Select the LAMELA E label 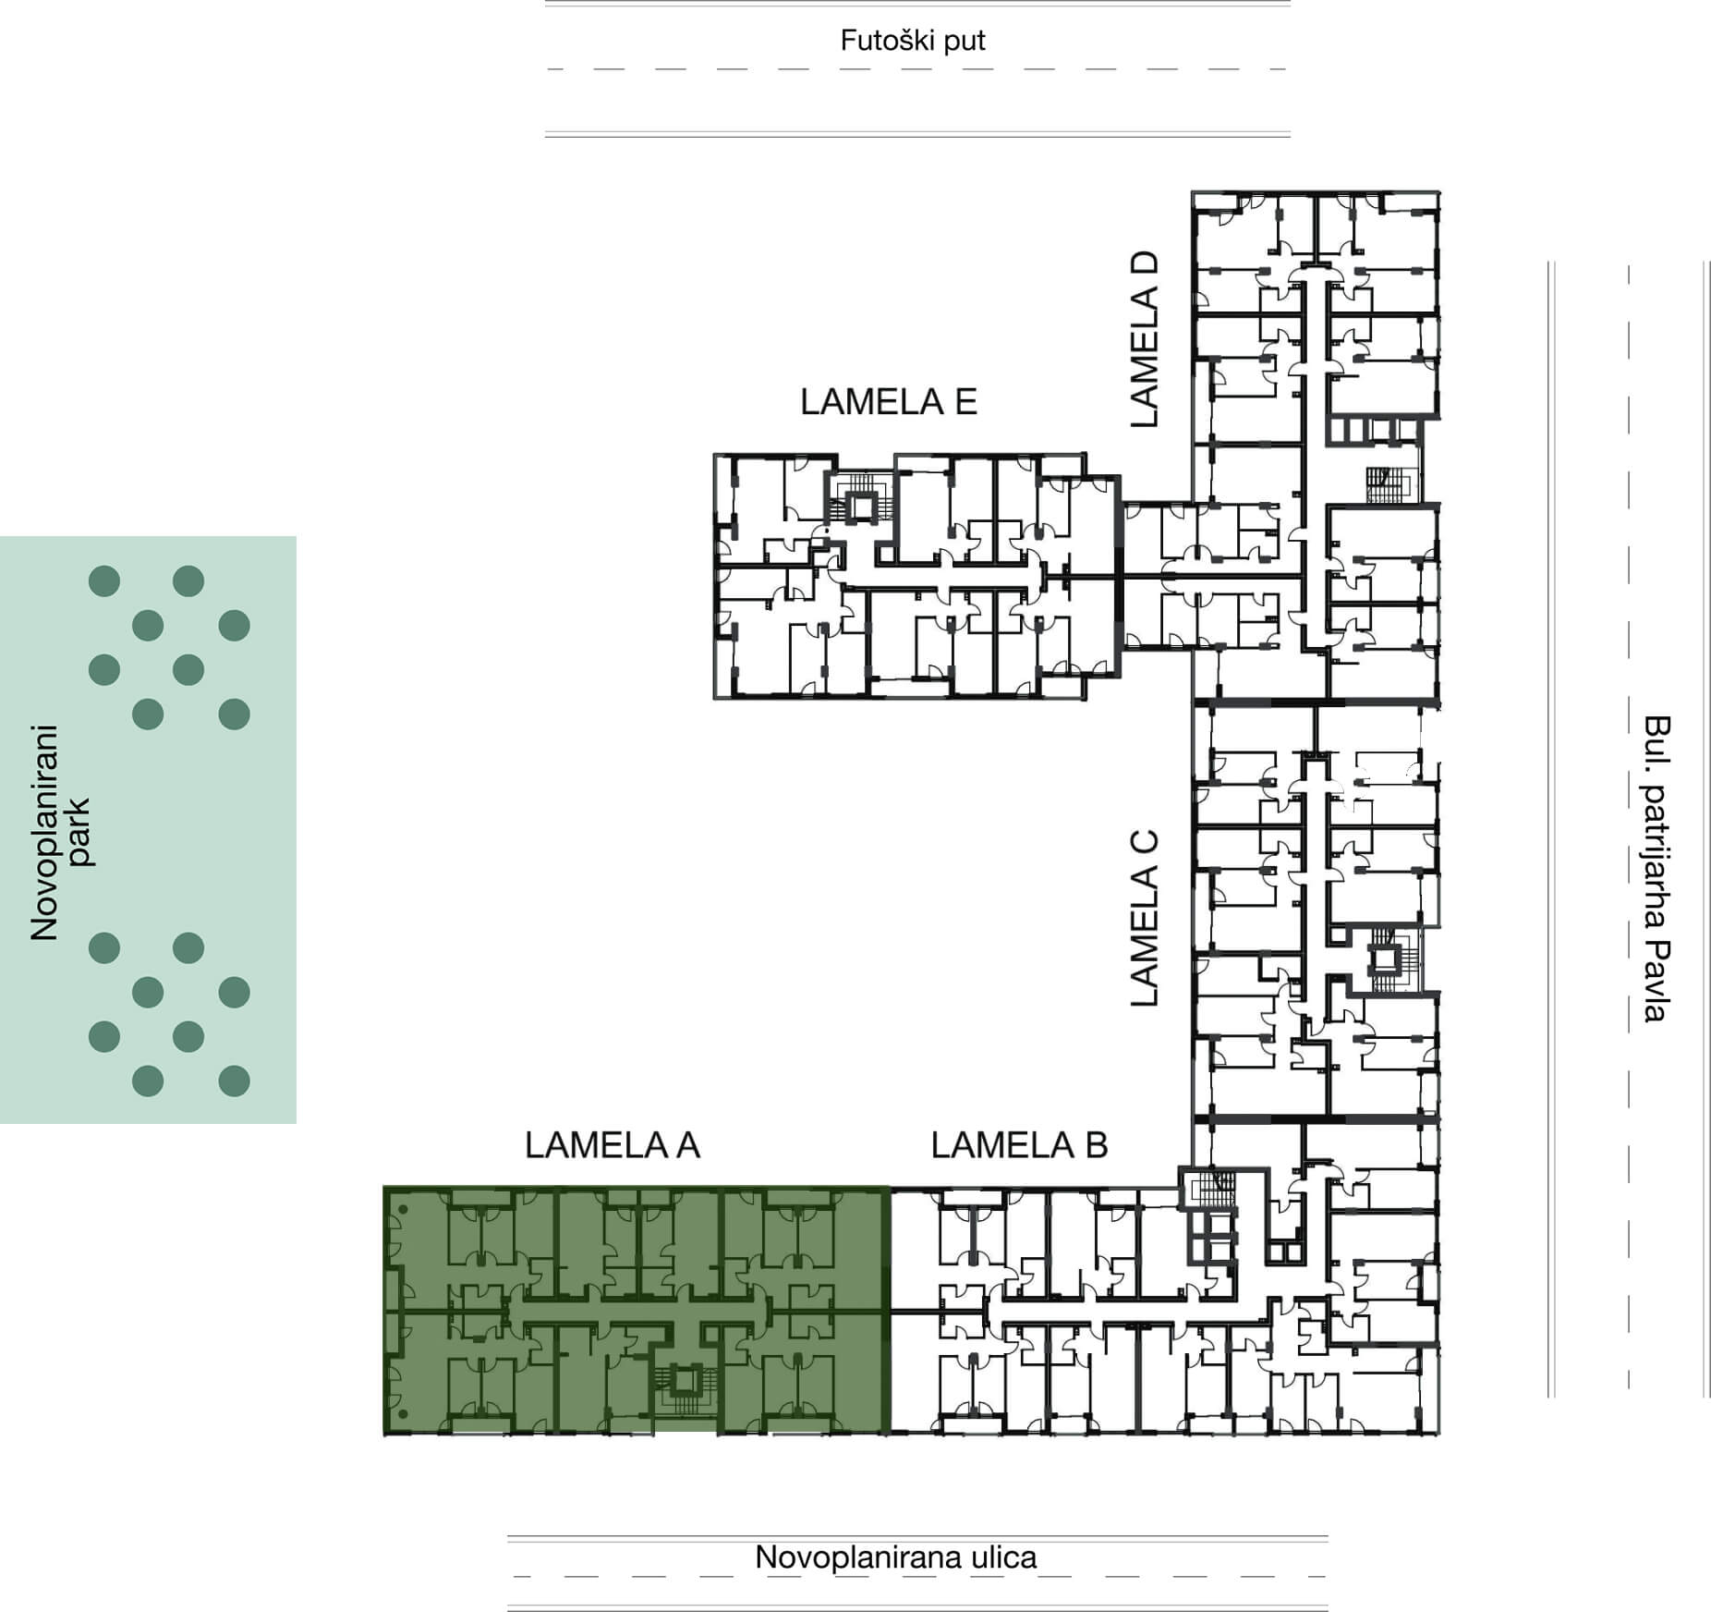[889, 402]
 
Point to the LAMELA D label [1144, 339]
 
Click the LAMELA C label [1144, 919]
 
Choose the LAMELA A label [613, 1145]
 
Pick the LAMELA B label [1019, 1145]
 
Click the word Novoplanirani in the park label [44, 832]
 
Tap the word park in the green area [79, 832]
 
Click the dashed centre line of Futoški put [916, 69]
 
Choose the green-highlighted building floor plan [637, 1310]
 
